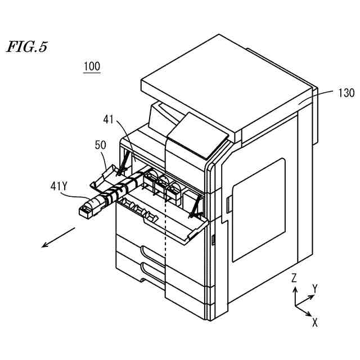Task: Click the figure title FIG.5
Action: pos(26,47)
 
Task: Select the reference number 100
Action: pos(92,66)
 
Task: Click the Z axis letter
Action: pos(294,278)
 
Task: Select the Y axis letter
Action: pos(315,289)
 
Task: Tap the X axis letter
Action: pos(315,322)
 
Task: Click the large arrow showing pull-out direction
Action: pos(59,236)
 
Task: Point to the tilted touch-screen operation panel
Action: pos(197,136)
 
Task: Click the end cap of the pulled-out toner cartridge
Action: pos(86,211)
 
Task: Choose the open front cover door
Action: pos(163,217)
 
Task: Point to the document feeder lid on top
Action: pos(225,84)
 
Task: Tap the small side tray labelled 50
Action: pos(107,177)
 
